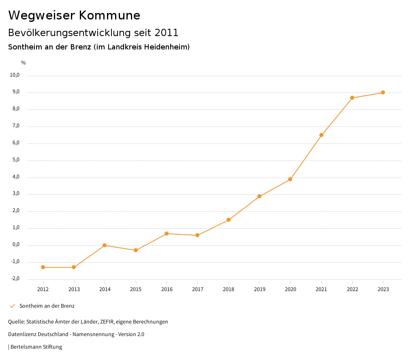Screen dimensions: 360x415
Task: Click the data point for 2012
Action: [x=43, y=267]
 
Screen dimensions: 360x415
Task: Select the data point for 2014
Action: [x=105, y=245]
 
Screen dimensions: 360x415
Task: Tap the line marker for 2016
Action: [x=167, y=234]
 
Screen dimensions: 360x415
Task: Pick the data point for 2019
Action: [x=259, y=196]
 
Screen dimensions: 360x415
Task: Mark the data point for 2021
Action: [x=321, y=135]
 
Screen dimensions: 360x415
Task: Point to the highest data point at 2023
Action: [x=383, y=92]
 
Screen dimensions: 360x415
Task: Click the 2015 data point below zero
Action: [x=136, y=250]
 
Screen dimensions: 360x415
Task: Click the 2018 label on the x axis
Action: [x=229, y=289]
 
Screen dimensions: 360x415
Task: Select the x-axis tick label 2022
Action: [x=352, y=289]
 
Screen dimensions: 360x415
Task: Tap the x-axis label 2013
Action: [x=74, y=289]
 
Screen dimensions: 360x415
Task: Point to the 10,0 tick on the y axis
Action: [x=15, y=75]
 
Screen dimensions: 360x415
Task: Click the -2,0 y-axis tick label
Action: [x=15, y=279]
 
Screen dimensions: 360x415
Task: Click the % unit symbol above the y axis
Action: [x=24, y=63]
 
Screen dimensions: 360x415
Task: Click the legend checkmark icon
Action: [x=12, y=306]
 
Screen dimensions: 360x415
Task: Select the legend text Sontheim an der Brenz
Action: [x=47, y=306]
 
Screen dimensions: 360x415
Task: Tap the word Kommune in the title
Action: [x=109, y=15]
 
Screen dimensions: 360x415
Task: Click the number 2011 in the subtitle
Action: [x=167, y=32]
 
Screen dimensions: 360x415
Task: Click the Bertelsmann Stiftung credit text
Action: [x=36, y=347]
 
